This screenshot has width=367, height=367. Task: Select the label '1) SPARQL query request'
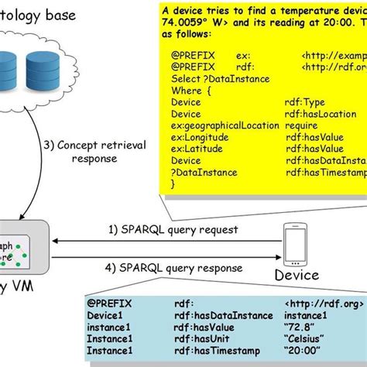[173, 230]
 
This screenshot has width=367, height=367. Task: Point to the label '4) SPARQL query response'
[174, 268]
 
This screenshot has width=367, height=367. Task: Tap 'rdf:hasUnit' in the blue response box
[201, 338]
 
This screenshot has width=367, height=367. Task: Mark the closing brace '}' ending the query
[173, 184]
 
